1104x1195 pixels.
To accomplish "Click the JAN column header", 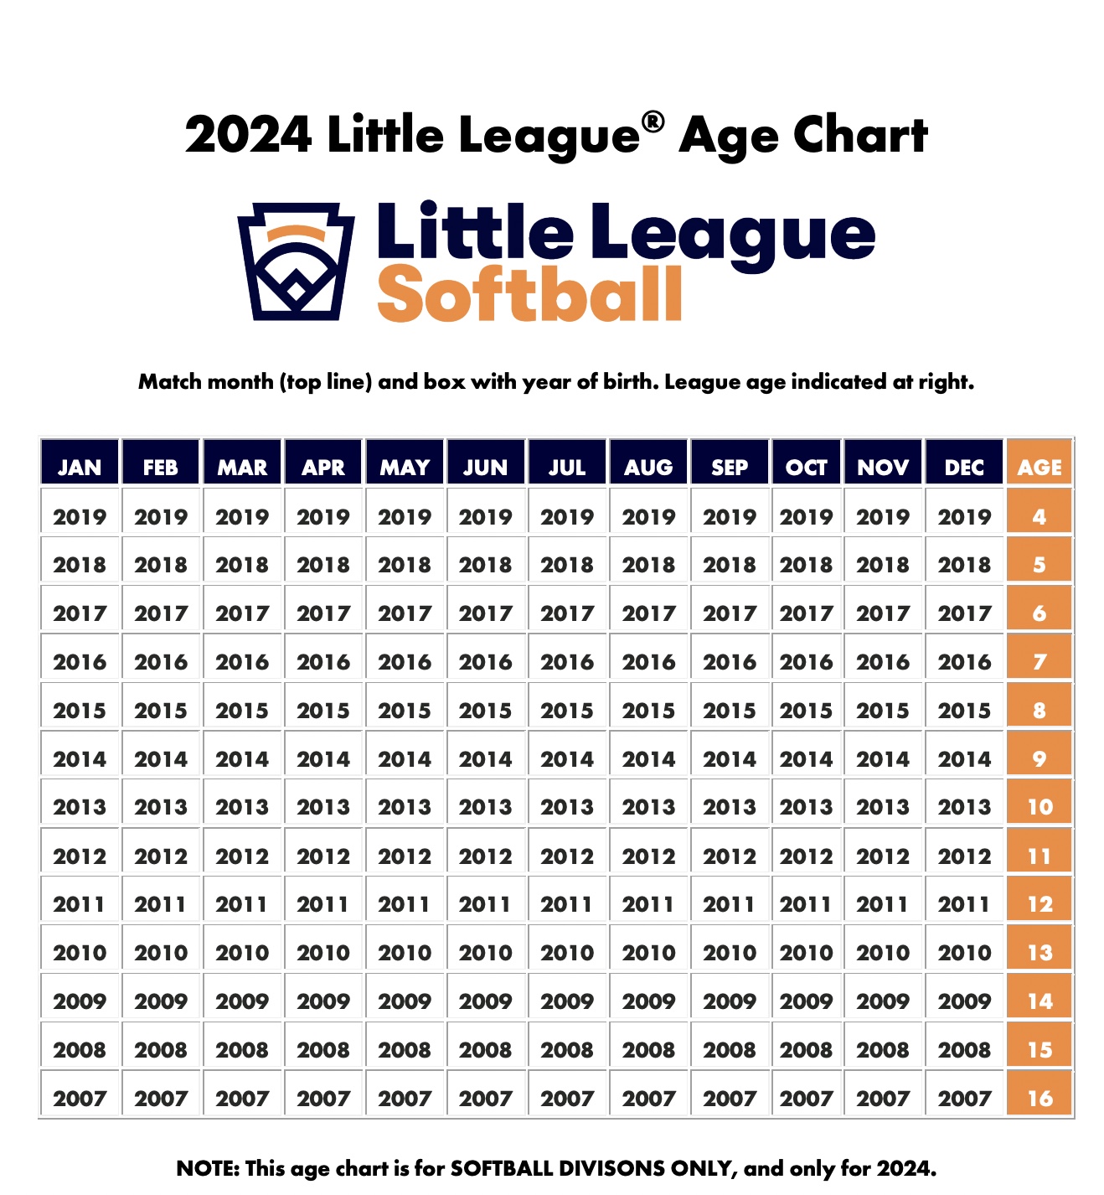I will pyautogui.click(x=80, y=467).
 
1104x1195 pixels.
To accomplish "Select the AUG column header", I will pyautogui.click(x=648, y=467).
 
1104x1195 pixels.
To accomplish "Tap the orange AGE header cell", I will pyautogui.click(x=1040, y=467).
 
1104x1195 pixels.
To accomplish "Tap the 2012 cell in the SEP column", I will pyautogui.click(x=730, y=856).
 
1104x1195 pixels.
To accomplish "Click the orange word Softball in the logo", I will pyautogui.click(x=530, y=295).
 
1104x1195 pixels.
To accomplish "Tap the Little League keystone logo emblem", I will pyautogui.click(x=297, y=261).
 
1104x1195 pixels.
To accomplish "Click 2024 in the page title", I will pyautogui.click(x=249, y=135).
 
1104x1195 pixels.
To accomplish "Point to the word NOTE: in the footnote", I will pyautogui.click(x=207, y=1168).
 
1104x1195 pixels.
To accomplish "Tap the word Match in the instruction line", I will pyautogui.click(x=171, y=382).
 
